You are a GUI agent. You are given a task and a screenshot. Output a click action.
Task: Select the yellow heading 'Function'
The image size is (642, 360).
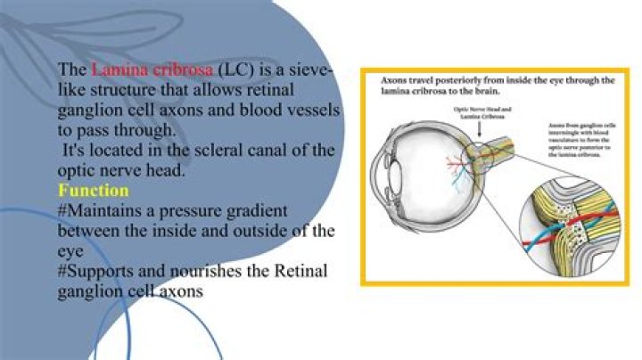click(94, 191)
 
